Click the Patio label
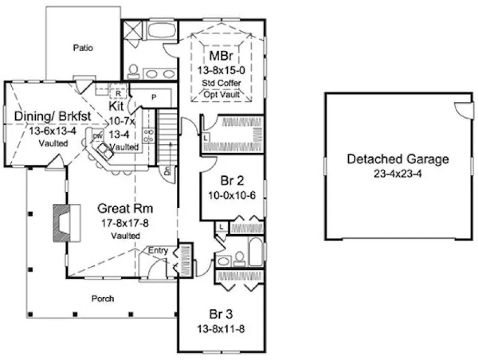coord(83,48)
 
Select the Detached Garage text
coord(398,159)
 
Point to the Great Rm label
coord(125,208)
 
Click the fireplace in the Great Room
coord(66,222)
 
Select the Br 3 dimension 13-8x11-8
coord(222,329)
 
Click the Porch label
coord(103,298)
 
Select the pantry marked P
coord(154,98)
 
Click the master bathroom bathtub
coord(161,30)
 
